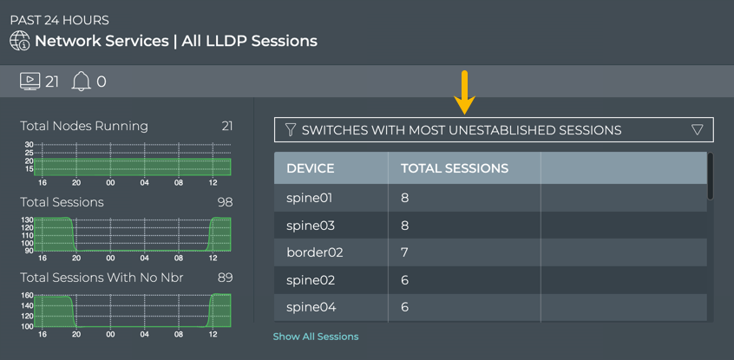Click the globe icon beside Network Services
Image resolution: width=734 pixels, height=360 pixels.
(x=19, y=41)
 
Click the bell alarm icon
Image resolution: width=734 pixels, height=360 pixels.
(x=81, y=82)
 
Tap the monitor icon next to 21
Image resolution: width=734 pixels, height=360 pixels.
(x=29, y=82)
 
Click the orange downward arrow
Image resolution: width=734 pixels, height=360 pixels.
(x=466, y=92)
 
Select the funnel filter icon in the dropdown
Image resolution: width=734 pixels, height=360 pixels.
(x=291, y=130)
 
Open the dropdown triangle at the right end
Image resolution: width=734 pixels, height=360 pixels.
(x=698, y=130)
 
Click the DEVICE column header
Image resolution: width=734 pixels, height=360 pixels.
(x=311, y=168)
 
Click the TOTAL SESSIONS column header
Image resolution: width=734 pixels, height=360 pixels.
(x=454, y=168)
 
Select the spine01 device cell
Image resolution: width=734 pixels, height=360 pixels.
(x=310, y=198)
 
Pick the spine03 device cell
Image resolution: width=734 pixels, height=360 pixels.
(x=310, y=226)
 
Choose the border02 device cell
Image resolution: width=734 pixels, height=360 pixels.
(x=314, y=252)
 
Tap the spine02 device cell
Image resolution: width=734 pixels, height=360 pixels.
(x=310, y=280)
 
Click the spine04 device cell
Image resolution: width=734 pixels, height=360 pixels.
(x=311, y=307)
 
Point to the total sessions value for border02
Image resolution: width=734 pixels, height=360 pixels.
(x=405, y=252)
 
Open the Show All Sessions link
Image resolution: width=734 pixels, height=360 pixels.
(x=316, y=337)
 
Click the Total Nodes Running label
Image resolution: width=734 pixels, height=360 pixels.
(x=84, y=126)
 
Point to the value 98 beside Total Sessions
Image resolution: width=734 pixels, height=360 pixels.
(x=224, y=202)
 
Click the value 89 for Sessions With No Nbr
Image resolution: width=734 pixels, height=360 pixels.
(x=224, y=278)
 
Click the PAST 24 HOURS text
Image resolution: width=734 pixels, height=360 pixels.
(x=60, y=20)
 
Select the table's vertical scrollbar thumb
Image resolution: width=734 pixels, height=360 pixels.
(x=711, y=177)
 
